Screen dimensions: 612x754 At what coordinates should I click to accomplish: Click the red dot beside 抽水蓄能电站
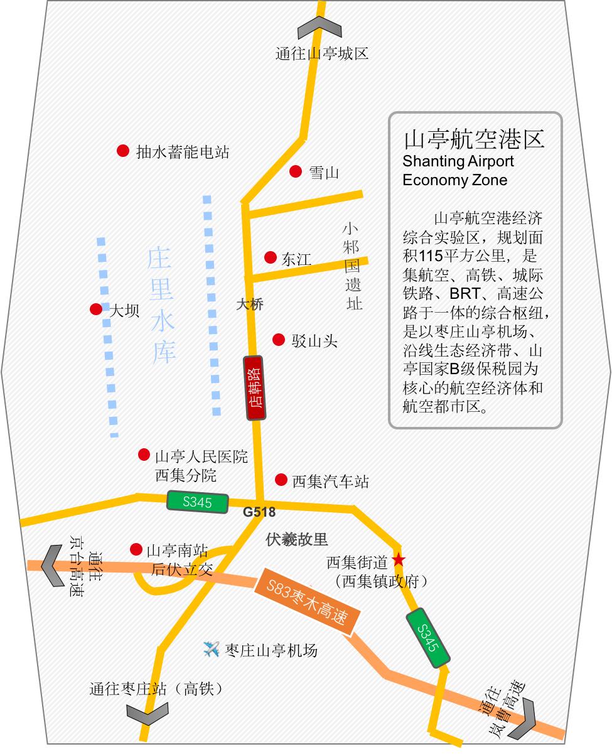[x=123, y=151]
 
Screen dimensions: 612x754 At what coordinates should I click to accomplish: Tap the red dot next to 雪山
[x=296, y=171]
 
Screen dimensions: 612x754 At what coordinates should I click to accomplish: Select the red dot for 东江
[x=271, y=257]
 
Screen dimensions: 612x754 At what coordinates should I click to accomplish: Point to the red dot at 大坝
[x=96, y=309]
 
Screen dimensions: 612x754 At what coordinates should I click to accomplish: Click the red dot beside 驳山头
[x=279, y=340]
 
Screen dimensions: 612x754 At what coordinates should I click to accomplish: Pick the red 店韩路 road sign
[x=255, y=388]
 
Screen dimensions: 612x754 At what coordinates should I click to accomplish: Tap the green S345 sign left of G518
[x=197, y=502]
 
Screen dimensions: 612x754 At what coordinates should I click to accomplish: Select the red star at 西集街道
[x=398, y=559]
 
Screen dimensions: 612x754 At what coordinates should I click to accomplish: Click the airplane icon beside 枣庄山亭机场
[x=212, y=649]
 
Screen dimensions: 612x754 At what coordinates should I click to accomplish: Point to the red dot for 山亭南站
[x=136, y=549]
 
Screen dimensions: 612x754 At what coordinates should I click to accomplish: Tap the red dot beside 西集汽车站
[x=281, y=480]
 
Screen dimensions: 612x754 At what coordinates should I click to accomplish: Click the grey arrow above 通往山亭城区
[x=319, y=28]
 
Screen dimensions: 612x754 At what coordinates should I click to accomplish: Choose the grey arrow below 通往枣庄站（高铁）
[x=148, y=713]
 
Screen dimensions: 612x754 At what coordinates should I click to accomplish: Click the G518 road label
[x=259, y=512]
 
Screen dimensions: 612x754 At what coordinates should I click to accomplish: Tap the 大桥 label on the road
[x=249, y=304]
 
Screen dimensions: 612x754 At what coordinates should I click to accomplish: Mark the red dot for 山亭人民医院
[x=144, y=455]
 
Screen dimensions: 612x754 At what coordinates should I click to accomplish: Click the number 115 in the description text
[x=432, y=256]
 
